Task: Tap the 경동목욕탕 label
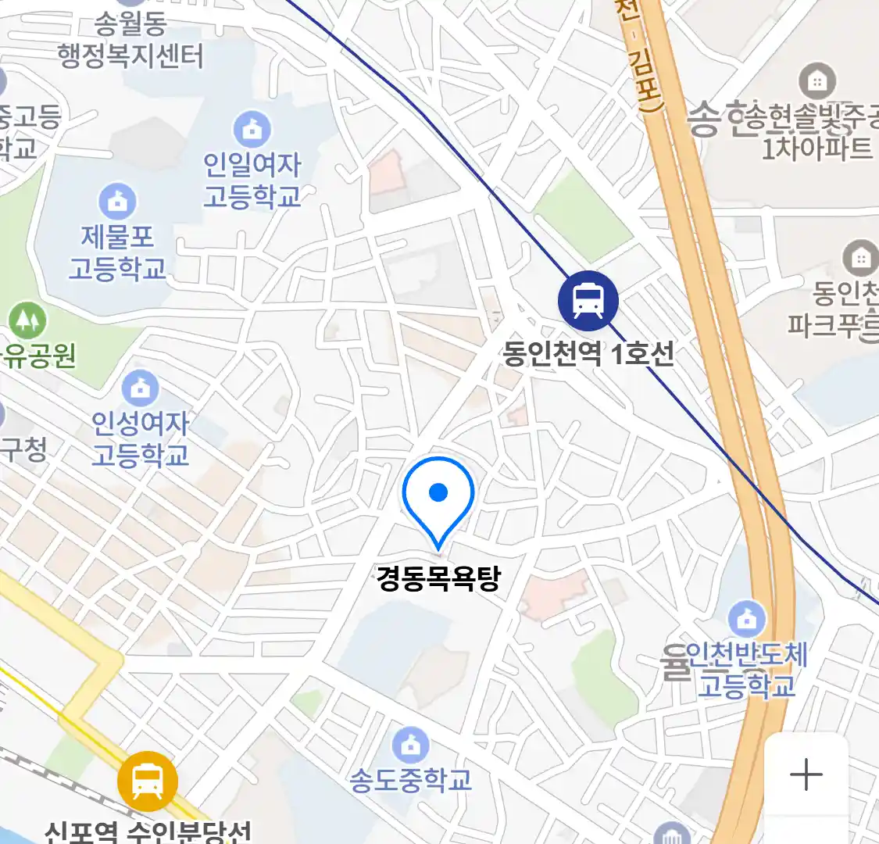click(438, 579)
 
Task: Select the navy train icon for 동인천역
click(588, 301)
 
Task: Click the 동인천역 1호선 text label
click(588, 354)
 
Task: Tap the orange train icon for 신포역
click(148, 780)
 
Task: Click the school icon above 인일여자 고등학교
click(252, 129)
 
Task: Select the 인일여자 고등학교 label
click(252, 180)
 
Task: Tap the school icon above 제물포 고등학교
click(117, 202)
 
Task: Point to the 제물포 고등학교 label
click(117, 252)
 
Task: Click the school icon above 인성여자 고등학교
click(140, 387)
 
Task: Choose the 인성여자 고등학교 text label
click(141, 438)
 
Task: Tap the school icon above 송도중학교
click(410, 745)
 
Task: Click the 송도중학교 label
click(410, 780)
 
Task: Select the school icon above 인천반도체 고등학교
click(747, 619)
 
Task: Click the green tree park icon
click(27, 320)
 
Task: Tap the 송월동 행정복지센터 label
click(130, 40)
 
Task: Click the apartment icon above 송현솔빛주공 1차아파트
click(817, 80)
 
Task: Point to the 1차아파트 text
click(817, 147)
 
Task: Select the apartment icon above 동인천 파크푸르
click(860, 257)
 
